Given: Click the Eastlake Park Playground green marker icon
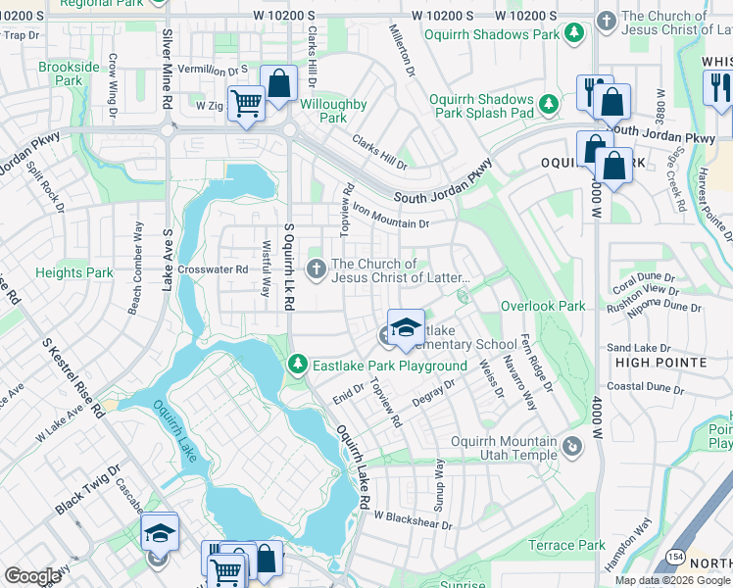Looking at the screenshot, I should click(x=300, y=366).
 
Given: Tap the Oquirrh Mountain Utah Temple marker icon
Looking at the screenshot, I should click(x=573, y=449).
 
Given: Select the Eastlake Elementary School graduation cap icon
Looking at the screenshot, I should click(x=406, y=328).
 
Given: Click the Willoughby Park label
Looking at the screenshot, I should click(x=333, y=111).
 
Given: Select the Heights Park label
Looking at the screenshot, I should click(x=73, y=273).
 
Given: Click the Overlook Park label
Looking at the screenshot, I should click(x=543, y=306).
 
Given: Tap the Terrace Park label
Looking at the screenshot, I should click(x=566, y=545).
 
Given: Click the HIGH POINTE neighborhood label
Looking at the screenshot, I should click(x=660, y=363).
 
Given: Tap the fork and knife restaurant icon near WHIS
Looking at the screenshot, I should click(x=718, y=90).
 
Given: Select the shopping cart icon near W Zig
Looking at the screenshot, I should click(x=245, y=101).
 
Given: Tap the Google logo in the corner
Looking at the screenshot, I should click(x=32, y=576).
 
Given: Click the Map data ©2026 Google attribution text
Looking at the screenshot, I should click(x=672, y=580).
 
